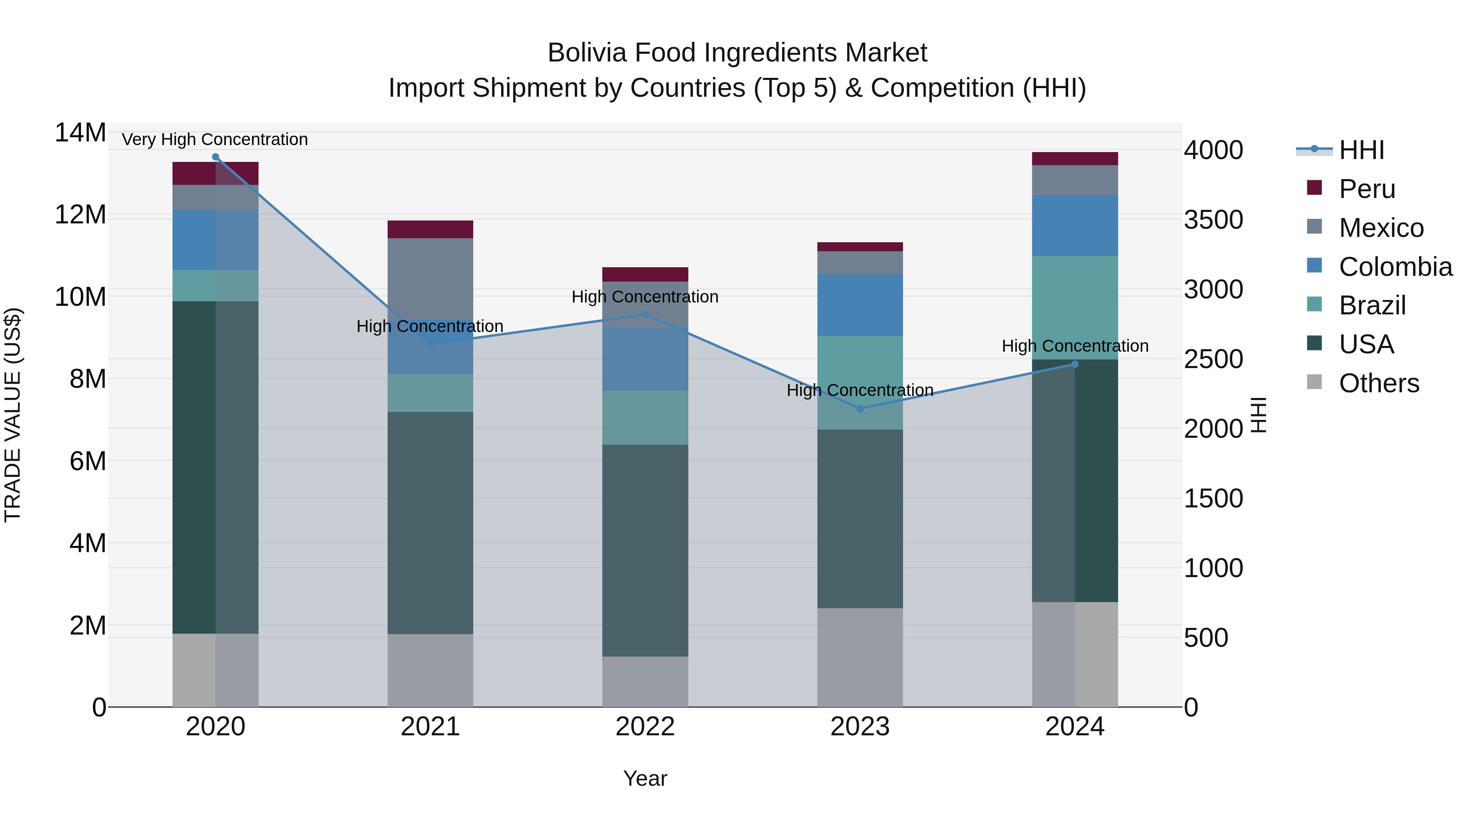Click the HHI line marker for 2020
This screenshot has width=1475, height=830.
click(x=215, y=157)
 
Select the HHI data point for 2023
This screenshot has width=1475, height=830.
click(x=860, y=408)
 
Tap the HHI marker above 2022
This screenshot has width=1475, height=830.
click(x=645, y=314)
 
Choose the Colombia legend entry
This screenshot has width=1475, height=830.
click(x=1395, y=267)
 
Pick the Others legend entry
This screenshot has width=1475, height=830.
click(x=1378, y=383)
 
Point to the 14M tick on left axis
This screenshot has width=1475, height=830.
click(x=80, y=133)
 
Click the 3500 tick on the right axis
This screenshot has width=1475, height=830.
click(x=1213, y=220)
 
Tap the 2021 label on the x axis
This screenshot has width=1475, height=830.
click(x=430, y=727)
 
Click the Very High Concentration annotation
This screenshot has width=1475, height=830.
click(x=215, y=140)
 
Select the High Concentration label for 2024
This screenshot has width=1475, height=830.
click(x=1075, y=346)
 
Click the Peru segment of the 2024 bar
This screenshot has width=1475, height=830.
click(x=1075, y=159)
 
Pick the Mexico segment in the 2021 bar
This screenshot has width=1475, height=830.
click(x=430, y=278)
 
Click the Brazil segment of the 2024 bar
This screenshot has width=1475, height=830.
click(x=1075, y=307)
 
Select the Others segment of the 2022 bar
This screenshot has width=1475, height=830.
click(x=645, y=681)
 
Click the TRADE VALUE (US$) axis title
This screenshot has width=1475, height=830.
click(x=13, y=415)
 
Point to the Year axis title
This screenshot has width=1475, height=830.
click(x=645, y=778)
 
